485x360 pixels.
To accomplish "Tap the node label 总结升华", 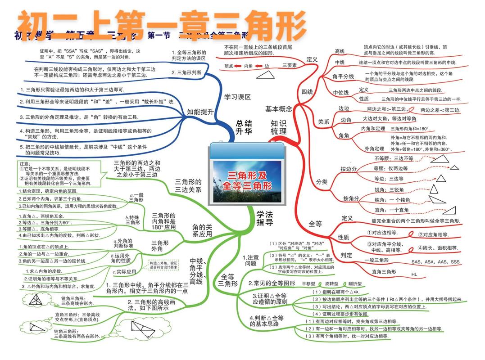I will pos(244,127).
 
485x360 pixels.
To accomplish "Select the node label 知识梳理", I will pos(278,127).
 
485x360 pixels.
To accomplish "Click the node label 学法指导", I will pos(264,218).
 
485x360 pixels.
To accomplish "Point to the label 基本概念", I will pos(278,109).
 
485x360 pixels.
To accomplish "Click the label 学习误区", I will pos(237,96).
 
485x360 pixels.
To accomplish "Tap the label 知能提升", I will pos(200,112).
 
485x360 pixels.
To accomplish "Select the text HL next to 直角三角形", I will pos(414,274).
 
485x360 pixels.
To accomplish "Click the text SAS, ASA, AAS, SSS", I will pos(435,261).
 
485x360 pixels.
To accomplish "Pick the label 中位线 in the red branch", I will pos(341,93).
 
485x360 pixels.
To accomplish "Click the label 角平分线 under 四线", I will pos(343,76).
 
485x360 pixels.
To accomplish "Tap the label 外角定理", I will pos(374,148).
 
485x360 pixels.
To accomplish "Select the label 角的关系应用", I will pos(202,230).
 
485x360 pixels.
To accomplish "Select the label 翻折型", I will pos(355,284).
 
